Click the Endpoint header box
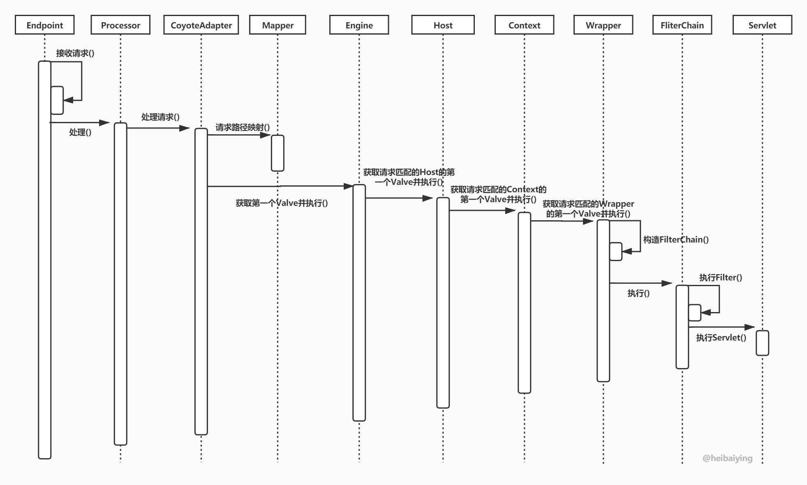click(x=44, y=25)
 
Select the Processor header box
click(x=120, y=25)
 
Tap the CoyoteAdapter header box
click(x=201, y=25)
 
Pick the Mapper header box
click(x=277, y=25)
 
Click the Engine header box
click(x=359, y=25)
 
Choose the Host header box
click(x=443, y=25)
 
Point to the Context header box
click(x=524, y=25)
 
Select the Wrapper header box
click(x=603, y=25)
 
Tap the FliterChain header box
click(x=682, y=25)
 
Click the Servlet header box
click(x=762, y=25)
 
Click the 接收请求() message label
click(x=75, y=53)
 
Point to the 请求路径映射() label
click(x=243, y=127)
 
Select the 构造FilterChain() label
click(x=676, y=240)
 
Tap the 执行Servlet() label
click(x=721, y=338)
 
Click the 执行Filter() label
click(x=721, y=277)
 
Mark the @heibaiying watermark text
click(x=727, y=458)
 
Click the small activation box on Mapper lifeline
click(x=277, y=153)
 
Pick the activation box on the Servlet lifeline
click(x=762, y=343)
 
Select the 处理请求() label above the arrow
click(x=160, y=117)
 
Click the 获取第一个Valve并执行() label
click(x=282, y=203)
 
